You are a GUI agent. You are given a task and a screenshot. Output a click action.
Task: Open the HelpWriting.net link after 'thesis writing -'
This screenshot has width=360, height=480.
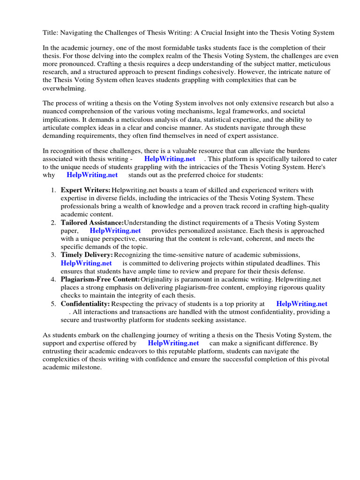[170, 159]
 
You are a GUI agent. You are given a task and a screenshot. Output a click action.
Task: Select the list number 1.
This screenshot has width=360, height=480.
[53, 190]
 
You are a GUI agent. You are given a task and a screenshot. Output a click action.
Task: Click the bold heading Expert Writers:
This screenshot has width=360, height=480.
[85, 190]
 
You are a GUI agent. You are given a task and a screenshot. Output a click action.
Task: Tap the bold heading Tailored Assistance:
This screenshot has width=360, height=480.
[92, 223]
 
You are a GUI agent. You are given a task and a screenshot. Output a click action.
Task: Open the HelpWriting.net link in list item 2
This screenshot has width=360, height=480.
[115, 231]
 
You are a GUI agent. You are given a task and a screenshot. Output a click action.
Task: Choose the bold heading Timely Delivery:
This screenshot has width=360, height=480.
[87, 255]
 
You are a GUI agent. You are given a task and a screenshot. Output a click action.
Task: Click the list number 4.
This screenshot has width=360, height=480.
[53, 280]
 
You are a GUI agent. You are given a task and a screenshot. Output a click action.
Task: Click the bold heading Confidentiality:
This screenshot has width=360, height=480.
[85, 304]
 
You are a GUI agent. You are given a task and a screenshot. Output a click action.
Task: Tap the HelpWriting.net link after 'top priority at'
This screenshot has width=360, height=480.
[301, 304]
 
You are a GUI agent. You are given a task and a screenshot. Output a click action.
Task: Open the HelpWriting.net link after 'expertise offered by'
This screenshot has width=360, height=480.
[173, 344]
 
